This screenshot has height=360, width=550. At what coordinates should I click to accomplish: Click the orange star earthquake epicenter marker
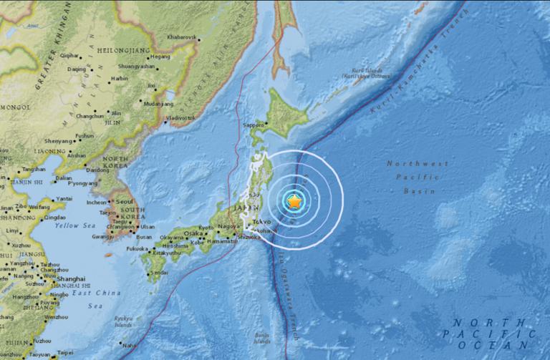tap(294, 203)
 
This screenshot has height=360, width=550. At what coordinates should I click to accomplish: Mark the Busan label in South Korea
tap(145, 237)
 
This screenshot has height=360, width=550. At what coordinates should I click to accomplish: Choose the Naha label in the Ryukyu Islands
tap(126, 344)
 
